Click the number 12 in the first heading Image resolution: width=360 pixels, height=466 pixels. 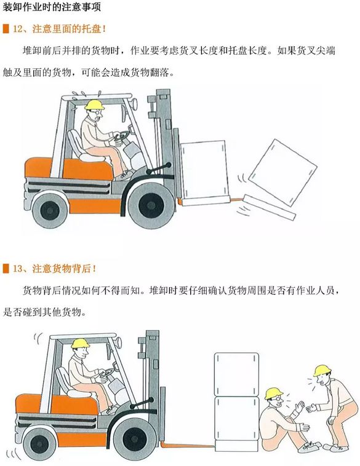(x=18, y=29)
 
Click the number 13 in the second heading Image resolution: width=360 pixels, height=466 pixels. (x=18, y=269)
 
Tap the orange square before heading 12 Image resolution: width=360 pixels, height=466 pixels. (x=6, y=29)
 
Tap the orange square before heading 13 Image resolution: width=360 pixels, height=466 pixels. (x=6, y=269)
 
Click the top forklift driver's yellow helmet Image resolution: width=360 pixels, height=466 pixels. (x=94, y=105)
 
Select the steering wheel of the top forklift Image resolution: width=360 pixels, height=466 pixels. (x=122, y=136)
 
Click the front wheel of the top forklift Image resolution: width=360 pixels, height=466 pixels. (x=151, y=205)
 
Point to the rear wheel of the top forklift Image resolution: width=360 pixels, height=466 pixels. (x=50, y=210)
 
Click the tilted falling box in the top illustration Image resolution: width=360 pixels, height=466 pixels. (x=282, y=173)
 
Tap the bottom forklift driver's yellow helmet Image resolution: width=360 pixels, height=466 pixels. (x=81, y=343)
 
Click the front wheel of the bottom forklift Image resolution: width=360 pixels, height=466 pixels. (x=135, y=439)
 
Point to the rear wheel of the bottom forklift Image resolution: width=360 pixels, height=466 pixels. (x=39, y=444)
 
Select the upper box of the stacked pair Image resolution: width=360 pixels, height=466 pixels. (x=236, y=374)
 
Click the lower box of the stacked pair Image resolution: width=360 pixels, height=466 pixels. (x=237, y=419)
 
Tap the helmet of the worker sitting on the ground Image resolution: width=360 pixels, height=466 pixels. (x=274, y=393)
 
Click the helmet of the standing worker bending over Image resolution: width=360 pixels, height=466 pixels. (x=322, y=370)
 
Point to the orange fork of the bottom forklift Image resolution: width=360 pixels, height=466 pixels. (x=188, y=445)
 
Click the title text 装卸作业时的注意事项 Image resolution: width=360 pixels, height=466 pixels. (x=52, y=7)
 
